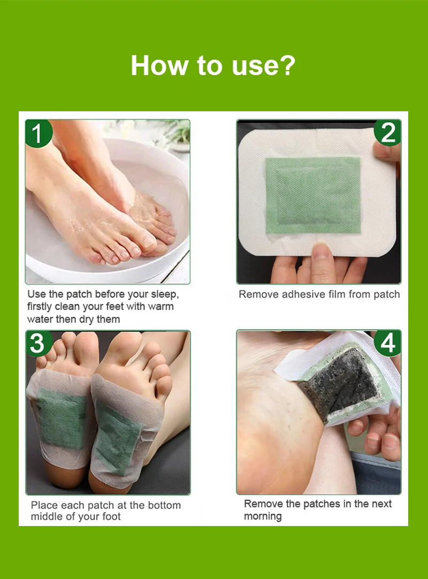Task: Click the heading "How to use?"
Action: click(213, 65)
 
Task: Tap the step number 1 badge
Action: click(37, 133)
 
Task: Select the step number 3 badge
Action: click(37, 343)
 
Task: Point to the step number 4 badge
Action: click(388, 343)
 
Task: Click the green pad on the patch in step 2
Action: click(313, 195)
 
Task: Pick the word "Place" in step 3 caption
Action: click(43, 505)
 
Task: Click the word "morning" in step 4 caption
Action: click(263, 516)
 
